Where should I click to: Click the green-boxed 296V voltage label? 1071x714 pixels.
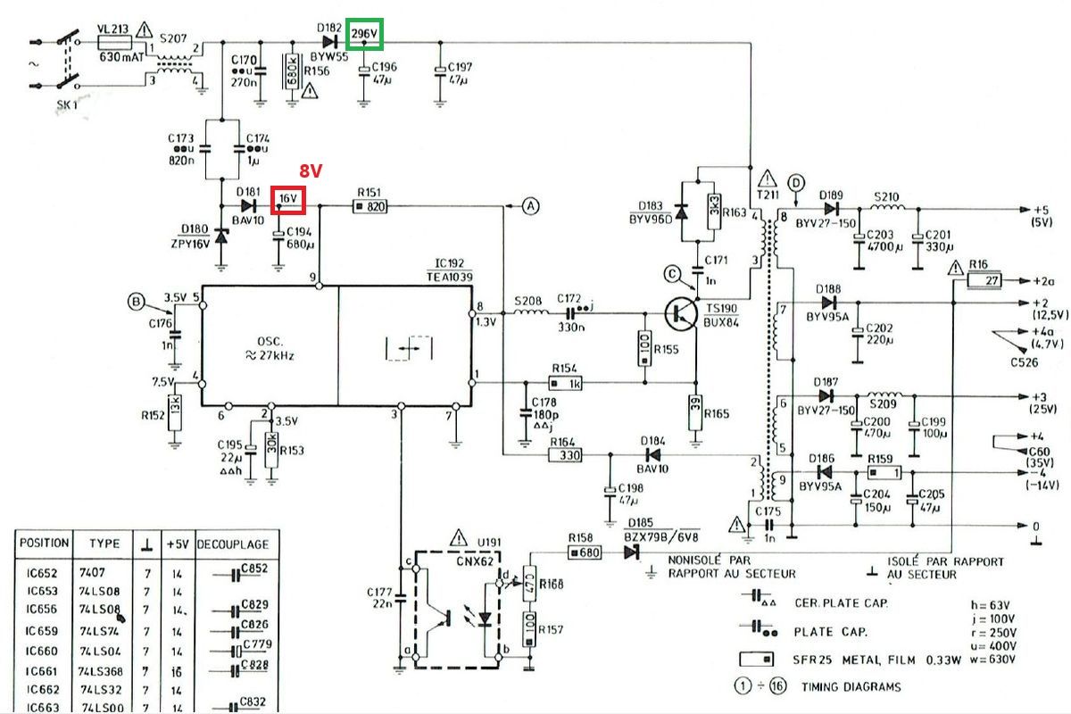(365, 35)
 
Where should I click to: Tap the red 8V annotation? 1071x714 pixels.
(310, 170)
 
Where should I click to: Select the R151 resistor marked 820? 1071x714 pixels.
(369, 206)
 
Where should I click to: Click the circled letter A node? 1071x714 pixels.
(531, 206)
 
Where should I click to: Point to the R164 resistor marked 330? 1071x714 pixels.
(565, 455)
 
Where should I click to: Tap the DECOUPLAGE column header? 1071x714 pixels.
(232, 544)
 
